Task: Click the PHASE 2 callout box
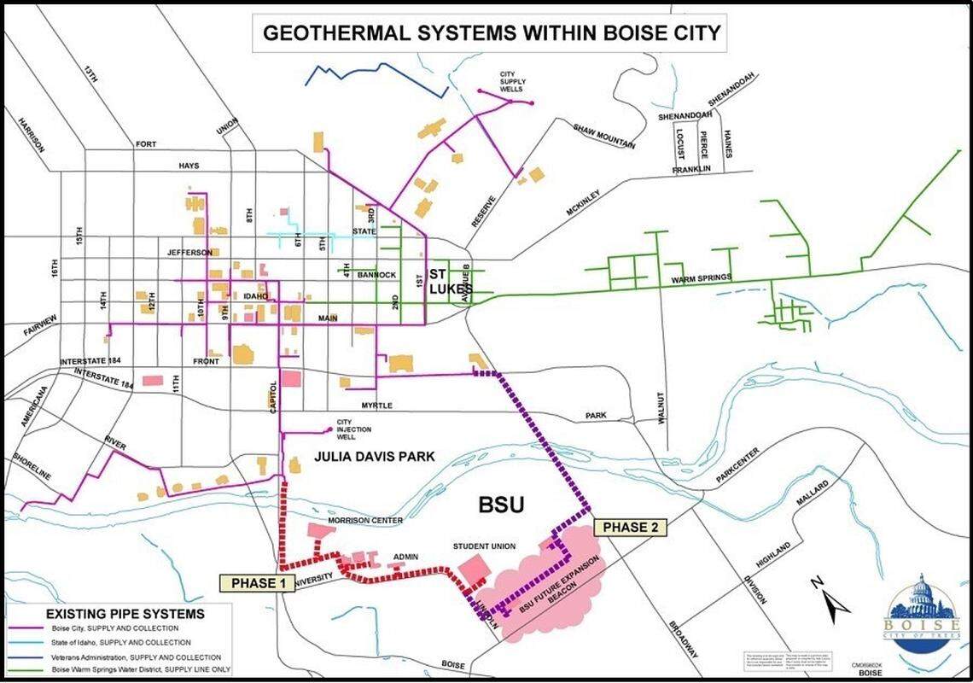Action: pyautogui.click(x=630, y=528)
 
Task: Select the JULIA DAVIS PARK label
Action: pyautogui.click(x=375, y=457)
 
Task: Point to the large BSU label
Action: pyautogui.click(x=501, y=505)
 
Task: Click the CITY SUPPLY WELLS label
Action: pyautogui.click(x=512, y=82)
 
